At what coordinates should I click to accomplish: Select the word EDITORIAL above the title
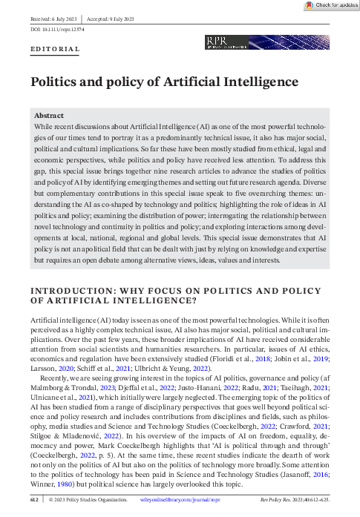point(55,49)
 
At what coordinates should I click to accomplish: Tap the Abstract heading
point(51,116)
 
